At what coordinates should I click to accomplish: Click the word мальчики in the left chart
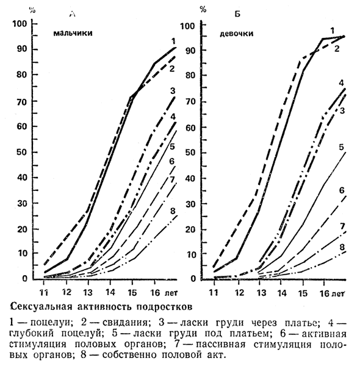73,33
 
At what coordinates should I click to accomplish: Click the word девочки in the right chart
237,34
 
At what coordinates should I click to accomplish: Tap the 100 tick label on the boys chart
20,24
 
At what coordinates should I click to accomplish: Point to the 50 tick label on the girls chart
191,152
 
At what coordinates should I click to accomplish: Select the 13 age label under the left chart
88,293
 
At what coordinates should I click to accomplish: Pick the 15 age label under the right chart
303,293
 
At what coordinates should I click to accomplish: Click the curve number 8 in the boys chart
173,211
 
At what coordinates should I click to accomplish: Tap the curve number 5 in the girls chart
342,147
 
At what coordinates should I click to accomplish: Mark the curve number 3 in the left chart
173,91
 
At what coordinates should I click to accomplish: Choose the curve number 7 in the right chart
342,226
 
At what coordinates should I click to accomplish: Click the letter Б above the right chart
237,14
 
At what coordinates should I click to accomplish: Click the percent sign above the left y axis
32,10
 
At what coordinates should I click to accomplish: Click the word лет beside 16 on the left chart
171,293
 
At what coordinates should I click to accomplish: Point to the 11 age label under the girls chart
214,293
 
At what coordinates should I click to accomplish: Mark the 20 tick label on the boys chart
23,229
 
